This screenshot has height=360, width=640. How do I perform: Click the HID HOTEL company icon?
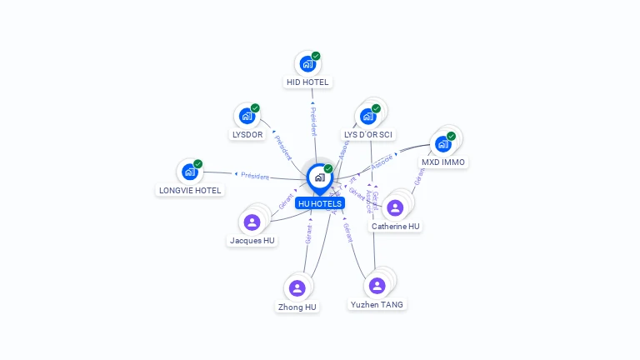click(307, 64)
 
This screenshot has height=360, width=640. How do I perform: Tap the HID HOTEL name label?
click(308, 82)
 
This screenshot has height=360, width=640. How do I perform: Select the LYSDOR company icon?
click(247, 116)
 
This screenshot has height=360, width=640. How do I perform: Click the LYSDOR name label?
click(247, 134)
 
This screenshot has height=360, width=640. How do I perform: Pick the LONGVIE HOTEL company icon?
click(189, 172)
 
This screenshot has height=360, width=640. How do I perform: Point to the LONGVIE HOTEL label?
click(190, 190)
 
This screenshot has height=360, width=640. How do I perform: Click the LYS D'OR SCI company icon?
click(367, 116)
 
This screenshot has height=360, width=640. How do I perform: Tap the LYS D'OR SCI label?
click(368, 134)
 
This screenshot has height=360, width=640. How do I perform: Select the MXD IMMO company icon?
click(442, 143)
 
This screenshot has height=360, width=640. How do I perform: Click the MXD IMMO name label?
click(444, 162)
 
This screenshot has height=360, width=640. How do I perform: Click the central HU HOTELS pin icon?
click(319, 177)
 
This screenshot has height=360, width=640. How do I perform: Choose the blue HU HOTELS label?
click(320, 203)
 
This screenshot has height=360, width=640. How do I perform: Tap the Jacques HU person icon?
click(252, 222)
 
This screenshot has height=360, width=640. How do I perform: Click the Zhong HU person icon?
click(297, 288)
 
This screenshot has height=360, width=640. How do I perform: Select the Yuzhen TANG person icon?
click(377, 286)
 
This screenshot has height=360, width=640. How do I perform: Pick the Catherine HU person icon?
click(396, 207)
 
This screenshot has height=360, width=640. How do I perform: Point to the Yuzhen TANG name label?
click(377, 305)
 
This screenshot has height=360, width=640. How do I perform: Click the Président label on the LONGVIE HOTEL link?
click(255, 176)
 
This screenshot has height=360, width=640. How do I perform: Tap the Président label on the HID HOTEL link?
click(313, 121)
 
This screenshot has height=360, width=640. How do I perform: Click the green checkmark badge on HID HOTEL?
click(316, 57)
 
